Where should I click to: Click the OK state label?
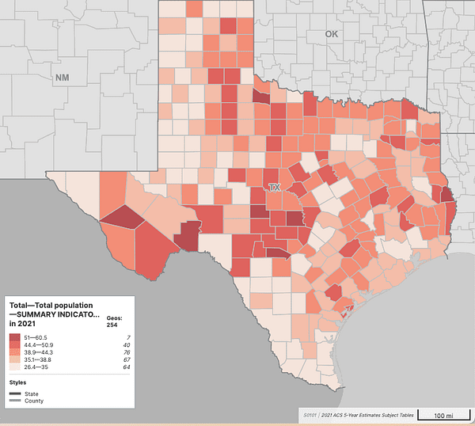pos(330,35)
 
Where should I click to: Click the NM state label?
pos(62,78)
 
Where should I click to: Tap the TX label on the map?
pos(275,188)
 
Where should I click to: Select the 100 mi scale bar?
pos(443,415)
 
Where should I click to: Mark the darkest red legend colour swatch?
pos(14,337)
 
